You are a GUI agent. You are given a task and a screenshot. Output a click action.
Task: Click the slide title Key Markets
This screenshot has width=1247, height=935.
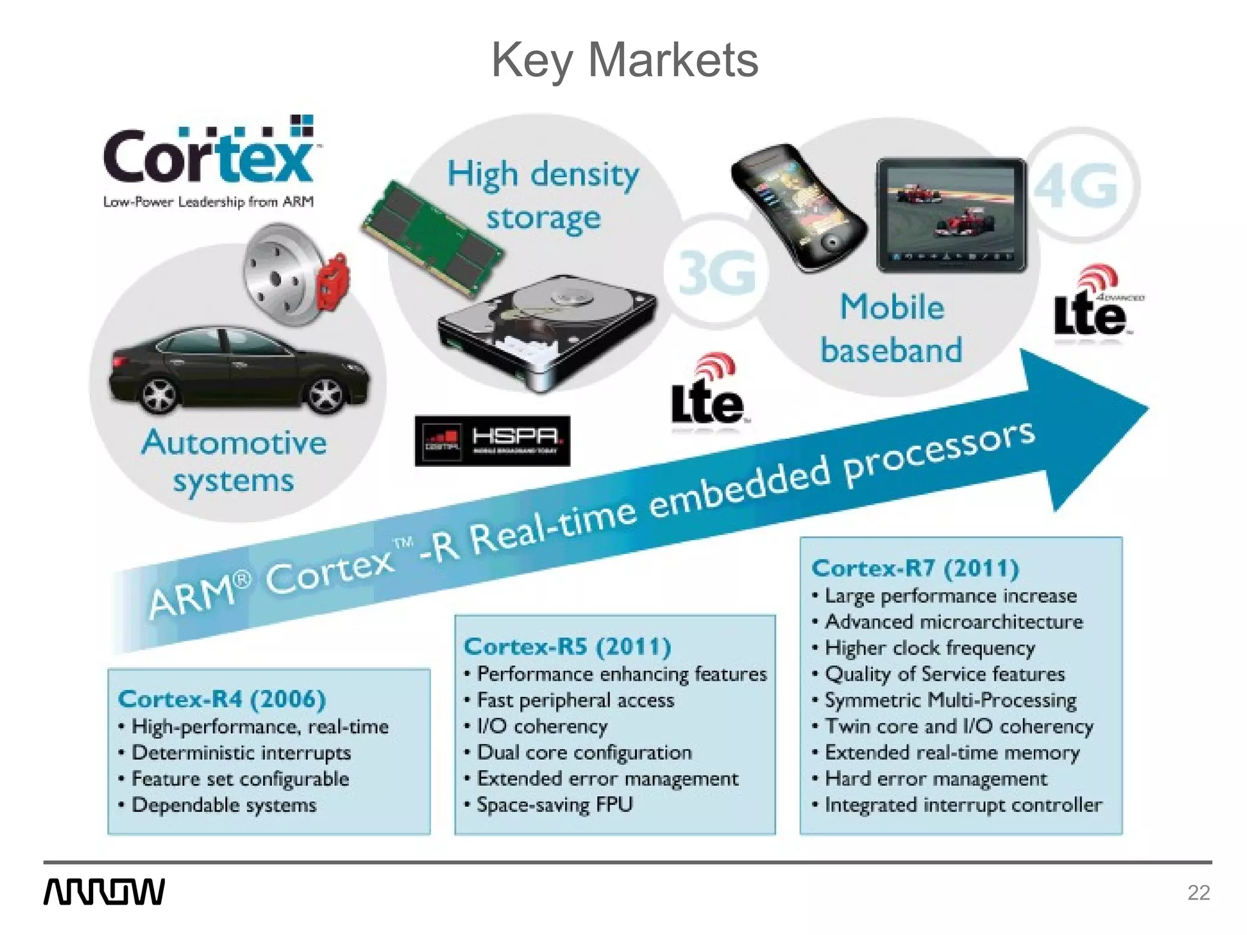625,60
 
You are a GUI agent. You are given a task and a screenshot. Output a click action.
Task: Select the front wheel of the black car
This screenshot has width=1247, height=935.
160,390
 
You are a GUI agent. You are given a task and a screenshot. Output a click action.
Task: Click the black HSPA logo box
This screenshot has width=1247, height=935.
492,441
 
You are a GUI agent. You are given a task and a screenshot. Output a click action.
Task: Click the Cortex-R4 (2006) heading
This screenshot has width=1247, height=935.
222,699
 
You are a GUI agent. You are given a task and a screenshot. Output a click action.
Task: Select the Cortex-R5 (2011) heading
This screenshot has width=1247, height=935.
567,646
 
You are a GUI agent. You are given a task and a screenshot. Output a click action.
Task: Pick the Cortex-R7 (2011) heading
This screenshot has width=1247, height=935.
915,568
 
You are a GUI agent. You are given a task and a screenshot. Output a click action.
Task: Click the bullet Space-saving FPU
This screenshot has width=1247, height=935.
555,805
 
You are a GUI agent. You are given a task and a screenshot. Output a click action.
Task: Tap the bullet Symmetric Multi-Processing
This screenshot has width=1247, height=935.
950,700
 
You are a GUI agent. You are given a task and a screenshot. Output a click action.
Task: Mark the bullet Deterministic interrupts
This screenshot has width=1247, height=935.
241,752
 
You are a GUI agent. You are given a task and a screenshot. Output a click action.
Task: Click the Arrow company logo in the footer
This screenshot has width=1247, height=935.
104,892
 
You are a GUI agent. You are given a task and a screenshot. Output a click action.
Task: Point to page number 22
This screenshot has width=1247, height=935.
1198,893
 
